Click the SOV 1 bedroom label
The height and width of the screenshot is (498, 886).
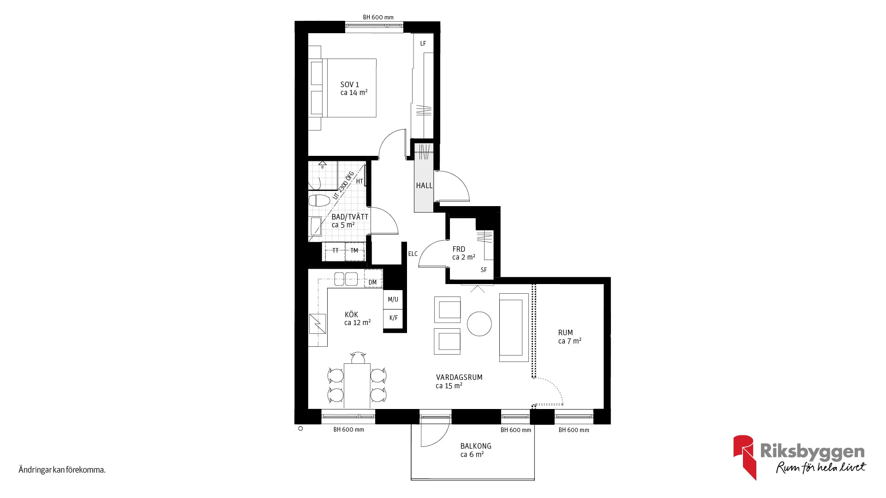point(349,85)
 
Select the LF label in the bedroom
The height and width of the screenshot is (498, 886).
point(423,44)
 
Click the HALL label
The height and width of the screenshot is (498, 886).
point(424,185)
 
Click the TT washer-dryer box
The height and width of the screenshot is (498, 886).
point(335,251)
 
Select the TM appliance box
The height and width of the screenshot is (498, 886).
point(354,251)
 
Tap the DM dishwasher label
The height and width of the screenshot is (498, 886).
point(373,282)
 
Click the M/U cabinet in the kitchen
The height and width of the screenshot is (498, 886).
point(393,299)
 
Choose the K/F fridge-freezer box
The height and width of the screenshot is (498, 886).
point(393,318)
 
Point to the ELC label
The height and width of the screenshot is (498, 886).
point(413,254)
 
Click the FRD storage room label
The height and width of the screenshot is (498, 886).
point(459,249)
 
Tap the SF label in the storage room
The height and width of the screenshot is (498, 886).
point(484,270)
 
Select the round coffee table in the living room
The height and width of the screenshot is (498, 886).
point(479,324)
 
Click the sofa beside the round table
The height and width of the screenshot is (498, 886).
point(514,327)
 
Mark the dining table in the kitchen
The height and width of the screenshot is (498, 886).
point(357,385)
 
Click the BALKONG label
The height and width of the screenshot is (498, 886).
point(476,446)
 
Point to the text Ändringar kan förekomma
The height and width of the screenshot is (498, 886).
point(62,470)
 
